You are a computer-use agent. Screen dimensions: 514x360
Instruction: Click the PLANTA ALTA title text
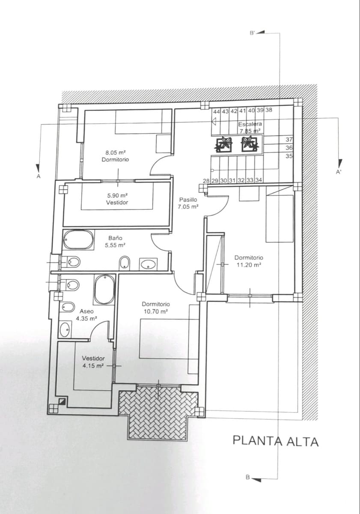click(x=276, y=441)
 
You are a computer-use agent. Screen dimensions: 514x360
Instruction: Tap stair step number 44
click(x=217, y=111)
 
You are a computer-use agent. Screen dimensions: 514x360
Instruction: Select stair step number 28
click(x=206, y=181)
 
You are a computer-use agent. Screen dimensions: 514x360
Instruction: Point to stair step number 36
click(x=289, y=148)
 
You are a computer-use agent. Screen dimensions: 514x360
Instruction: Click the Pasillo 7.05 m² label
click(x=188, y=203)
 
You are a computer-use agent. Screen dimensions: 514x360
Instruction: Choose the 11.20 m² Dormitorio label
click(x=249, y=261)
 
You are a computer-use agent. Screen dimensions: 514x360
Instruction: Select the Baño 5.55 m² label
click(x=115, y=242)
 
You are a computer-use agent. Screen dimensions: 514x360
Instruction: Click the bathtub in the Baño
click(x=78, y=240)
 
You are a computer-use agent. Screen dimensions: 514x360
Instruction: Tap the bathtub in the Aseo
click(x=104, y=289)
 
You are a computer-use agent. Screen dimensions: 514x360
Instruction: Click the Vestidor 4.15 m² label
click(x=93, y=362)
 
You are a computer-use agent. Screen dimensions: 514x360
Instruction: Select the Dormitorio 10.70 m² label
click(x=156, y=308)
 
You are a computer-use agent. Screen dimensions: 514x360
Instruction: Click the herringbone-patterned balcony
click(x=158, y=413)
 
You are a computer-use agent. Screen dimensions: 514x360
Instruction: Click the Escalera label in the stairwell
click(x=250, y=124)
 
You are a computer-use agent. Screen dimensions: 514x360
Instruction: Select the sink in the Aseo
click(x=65, y=329)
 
